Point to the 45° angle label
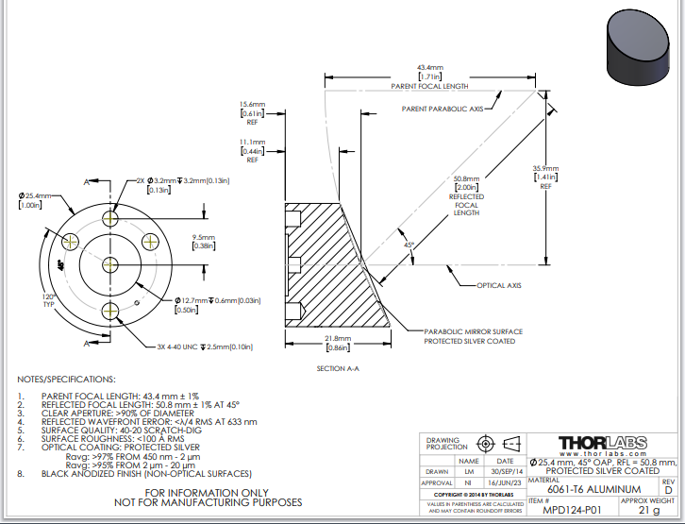tap(409, 245)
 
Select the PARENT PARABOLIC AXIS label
tap(442, 110)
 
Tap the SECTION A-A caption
tap(338, 368)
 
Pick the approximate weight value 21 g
tap(650, 511)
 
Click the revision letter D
tap(668, 490)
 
